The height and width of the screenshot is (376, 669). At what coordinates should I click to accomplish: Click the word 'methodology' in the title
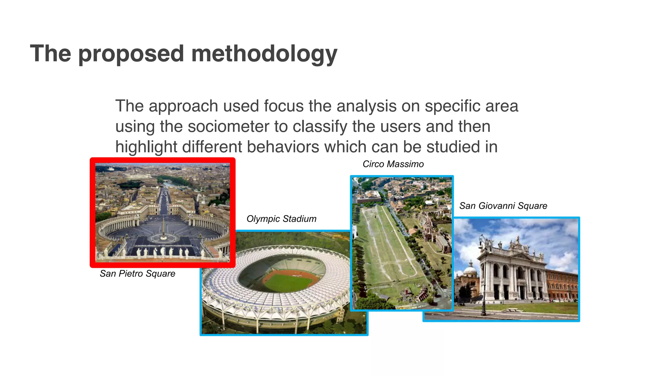coord(264,54)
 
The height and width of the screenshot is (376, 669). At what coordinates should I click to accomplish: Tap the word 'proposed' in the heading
coord(131,54)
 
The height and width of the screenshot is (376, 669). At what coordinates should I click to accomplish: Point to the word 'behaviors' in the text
coord(283,147)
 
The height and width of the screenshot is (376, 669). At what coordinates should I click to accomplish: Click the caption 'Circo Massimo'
coord(393,164)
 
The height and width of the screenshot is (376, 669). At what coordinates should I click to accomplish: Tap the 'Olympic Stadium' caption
coord(281,219)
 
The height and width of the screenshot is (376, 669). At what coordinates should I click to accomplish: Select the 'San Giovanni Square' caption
coord(503,206)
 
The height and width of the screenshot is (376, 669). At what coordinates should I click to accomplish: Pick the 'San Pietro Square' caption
coord(137,274)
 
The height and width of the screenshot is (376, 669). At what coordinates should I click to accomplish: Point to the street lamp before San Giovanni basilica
coord(483,277)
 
